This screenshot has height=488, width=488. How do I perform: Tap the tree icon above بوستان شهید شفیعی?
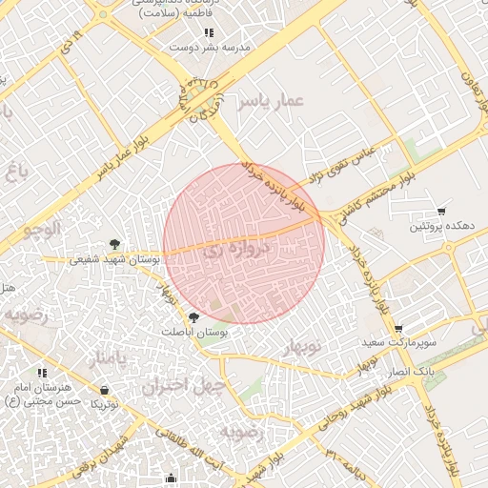click(115, 244)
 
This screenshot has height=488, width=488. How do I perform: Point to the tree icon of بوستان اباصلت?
click(194, 316)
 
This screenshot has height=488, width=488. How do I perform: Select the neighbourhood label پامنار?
click(107, 358)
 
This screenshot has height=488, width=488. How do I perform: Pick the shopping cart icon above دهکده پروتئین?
click(440, 212)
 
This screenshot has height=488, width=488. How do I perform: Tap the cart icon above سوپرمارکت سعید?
click(398, 328)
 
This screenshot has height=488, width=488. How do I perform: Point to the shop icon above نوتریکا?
click(104, 390)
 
